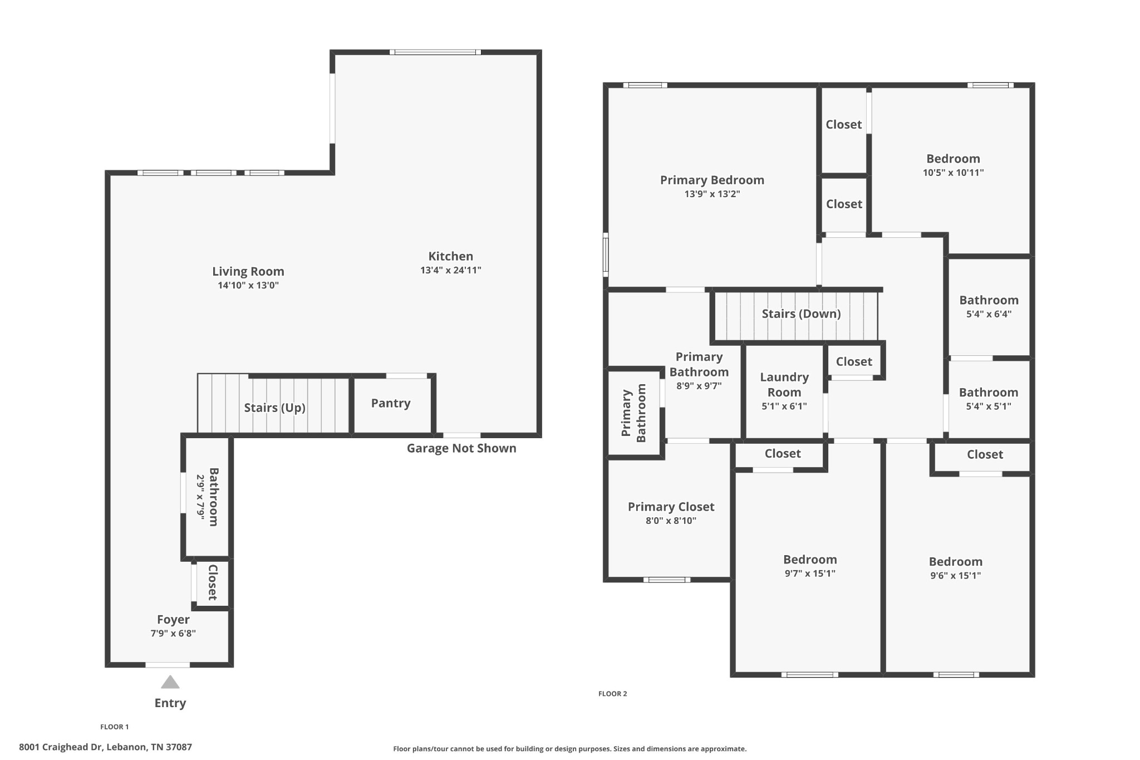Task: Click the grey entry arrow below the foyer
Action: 170,682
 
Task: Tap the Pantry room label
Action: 391,403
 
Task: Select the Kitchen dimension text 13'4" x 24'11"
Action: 451,271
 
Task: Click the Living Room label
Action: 248,272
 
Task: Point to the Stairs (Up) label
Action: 275,408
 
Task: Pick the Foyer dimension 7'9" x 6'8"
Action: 173,633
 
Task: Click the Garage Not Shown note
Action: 461,448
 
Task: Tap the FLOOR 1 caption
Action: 115,727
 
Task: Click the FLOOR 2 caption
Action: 613,694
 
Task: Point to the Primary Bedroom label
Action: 712,180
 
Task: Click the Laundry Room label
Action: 784,385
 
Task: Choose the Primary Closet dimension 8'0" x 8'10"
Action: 671,521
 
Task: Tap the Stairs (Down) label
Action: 801,313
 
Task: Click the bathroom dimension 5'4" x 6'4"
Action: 989,314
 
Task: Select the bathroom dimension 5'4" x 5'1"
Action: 989,406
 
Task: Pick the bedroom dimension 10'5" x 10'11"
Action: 954,173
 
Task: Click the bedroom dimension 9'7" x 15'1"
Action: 810,573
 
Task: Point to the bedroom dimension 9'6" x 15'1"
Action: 956,576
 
